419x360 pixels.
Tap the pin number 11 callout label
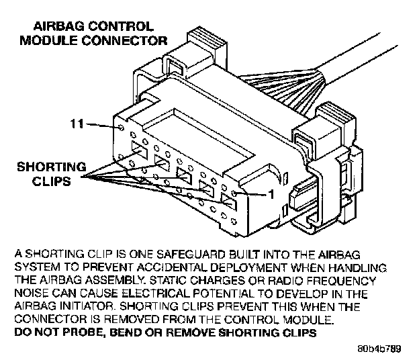tap(79, 123)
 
